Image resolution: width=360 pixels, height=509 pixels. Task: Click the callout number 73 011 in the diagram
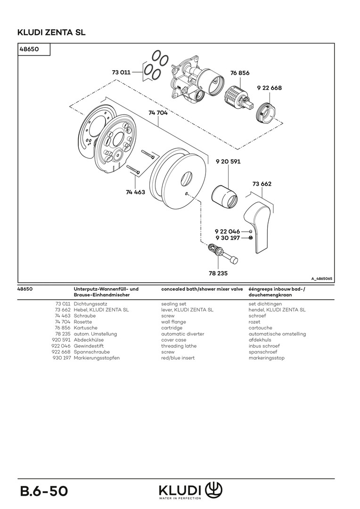coord(121,73)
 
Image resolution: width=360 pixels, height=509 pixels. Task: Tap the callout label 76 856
coord(240,73)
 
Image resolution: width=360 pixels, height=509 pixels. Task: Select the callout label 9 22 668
coord(269,88)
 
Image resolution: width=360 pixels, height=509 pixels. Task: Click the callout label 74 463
coord(135,192)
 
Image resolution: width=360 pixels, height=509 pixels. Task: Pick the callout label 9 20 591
coord(228,162)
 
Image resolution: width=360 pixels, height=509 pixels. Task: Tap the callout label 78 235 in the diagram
coord(218,272)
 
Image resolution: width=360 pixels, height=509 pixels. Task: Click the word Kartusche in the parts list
coord(86,328)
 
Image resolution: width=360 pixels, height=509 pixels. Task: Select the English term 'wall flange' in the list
coord(173,322)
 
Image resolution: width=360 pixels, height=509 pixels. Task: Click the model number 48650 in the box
coord(29,49)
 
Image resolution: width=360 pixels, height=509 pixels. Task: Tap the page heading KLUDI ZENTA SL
coord(51,33)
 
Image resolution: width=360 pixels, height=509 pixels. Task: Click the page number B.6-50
coord(44,491)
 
